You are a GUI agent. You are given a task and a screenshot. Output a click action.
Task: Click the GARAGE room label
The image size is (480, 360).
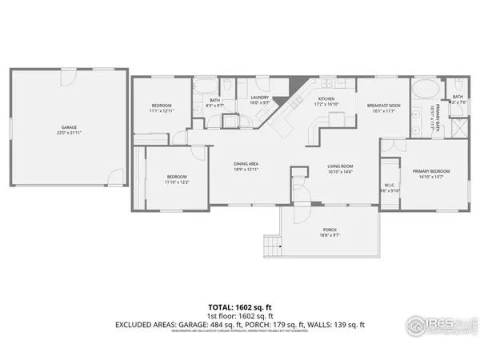[70, 126]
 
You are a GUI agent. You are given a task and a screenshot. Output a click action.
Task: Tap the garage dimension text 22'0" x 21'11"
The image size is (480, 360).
[70, 132]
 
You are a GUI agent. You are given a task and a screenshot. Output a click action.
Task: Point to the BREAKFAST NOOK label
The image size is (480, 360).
[383, 106]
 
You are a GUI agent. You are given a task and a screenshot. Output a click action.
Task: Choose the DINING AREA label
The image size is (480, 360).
[246, 165]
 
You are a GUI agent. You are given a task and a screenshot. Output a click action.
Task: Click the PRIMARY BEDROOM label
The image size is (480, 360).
[431, 171]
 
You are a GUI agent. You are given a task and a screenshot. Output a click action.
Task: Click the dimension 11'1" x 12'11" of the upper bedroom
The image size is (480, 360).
[162, 112]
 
